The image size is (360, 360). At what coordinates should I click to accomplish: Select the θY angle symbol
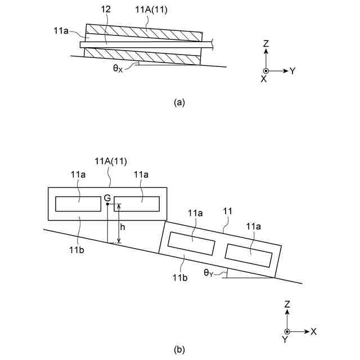pyautogui.click(x=208, y=274)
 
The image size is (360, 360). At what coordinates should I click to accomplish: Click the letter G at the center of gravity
pyautogui.click(x=107, y=199)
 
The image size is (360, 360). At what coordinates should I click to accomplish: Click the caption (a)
pyautogui.click(x=179, y=102)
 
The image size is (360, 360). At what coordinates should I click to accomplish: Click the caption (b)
pyautogui.click(x=179, y=349)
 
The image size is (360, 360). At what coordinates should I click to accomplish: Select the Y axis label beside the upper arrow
pyautogui.click(x=292, y=71)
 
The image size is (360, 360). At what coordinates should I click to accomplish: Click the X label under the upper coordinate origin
pyautogui.click(x=264, y=80)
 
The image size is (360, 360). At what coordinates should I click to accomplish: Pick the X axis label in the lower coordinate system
pyautogui.click(x=314, y=331)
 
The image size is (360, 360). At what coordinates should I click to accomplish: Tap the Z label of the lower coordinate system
pyautogui.click(x=287, y=304)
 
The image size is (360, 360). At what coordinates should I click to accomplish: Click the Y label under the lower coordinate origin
pyautogui.click(x=285, y=340)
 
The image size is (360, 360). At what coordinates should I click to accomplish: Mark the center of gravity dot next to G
pyautogui.click(x=107, y=204)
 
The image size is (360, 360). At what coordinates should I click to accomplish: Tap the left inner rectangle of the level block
pyautogui.click(x=78, y=204)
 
